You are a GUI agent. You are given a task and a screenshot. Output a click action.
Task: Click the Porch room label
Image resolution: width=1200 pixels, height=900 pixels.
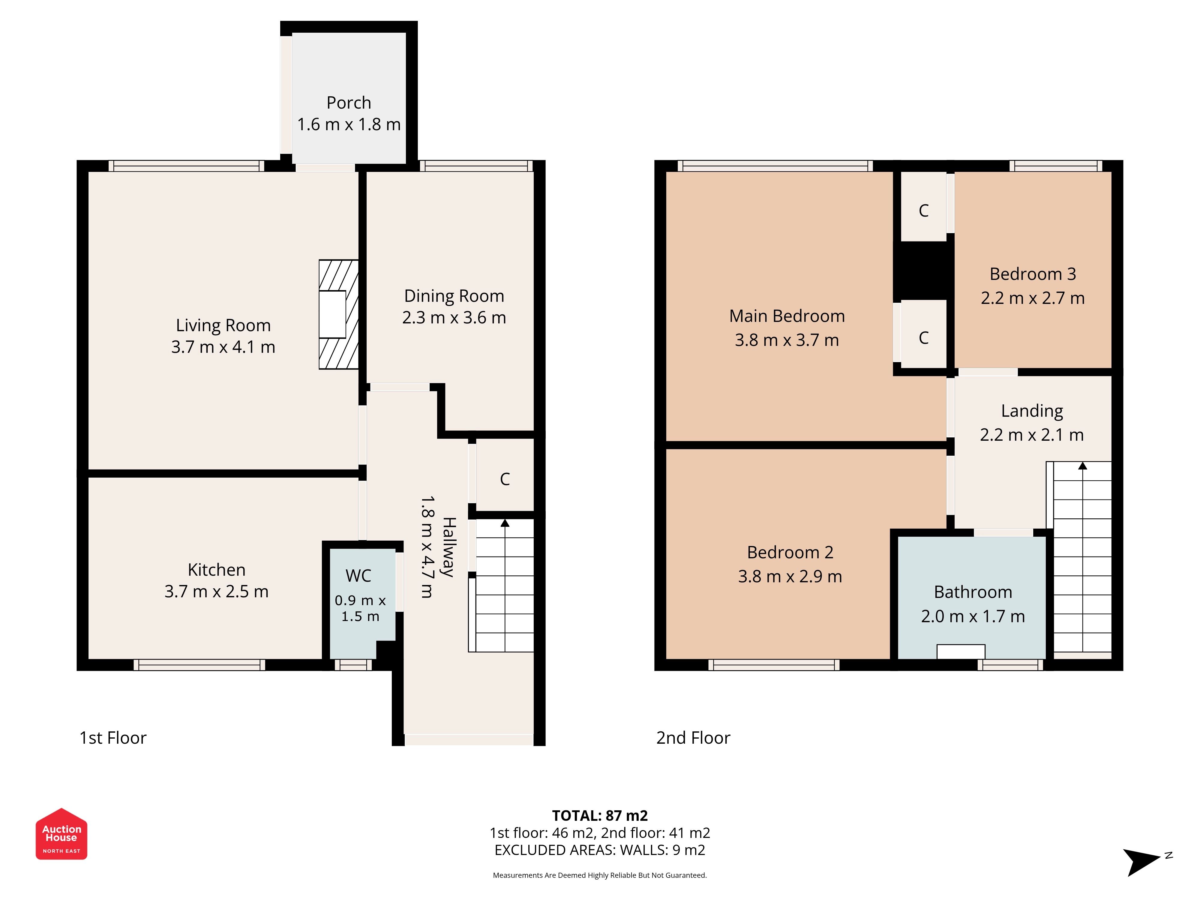[349, 103]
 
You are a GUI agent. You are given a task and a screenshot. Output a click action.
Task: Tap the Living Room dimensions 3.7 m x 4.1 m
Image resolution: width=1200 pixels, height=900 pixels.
[223, 347]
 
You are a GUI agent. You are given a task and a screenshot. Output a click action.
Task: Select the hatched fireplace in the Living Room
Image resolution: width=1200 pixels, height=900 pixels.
[338, 315]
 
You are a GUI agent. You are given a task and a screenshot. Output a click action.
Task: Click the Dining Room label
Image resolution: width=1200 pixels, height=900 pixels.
[454, 296]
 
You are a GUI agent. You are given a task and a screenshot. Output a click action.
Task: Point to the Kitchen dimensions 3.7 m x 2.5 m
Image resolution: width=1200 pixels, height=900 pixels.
[217, 591]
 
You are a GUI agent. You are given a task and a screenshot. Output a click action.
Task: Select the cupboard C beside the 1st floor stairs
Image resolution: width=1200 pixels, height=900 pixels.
[505, 479]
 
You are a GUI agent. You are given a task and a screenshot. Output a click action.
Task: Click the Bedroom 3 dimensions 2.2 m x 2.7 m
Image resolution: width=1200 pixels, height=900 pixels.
[1032, 298]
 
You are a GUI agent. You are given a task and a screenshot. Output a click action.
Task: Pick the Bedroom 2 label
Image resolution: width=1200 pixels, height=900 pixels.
[790, 552]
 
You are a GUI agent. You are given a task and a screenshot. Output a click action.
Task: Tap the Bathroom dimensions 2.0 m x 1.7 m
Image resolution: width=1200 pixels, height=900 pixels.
[973, 616]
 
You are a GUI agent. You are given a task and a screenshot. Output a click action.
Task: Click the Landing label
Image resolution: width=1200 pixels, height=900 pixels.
[1032, 411]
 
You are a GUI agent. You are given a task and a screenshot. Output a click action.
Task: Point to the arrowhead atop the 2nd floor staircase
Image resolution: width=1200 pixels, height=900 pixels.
[1082, 466]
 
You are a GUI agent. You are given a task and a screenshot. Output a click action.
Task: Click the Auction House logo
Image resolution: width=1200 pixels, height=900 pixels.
[61, 833]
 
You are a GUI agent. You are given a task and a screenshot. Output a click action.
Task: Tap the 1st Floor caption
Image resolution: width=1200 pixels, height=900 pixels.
[113, 738]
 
